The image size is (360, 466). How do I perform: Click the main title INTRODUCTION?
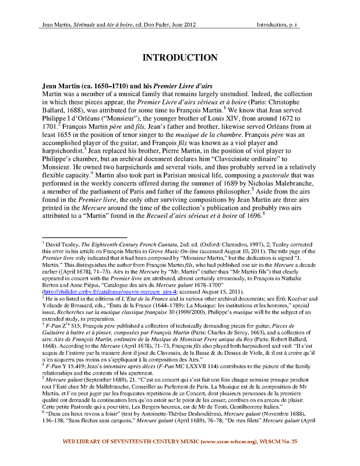[180, 58]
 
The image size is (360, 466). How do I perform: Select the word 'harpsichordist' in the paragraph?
[66, 179]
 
